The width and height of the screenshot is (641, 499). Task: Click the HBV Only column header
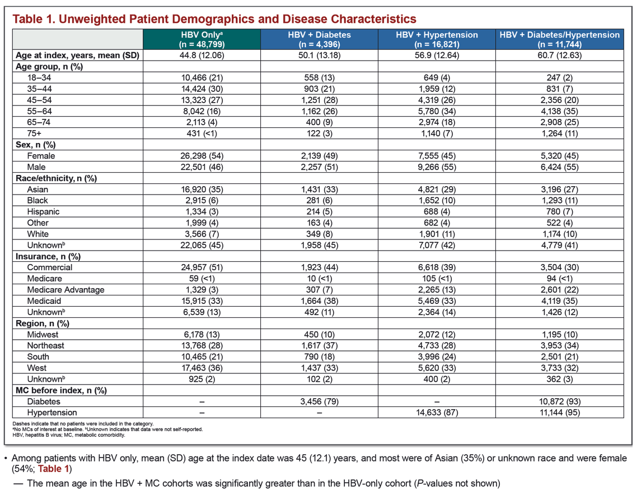pos(202,39)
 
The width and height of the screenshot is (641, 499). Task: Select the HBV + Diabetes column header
pos(319,39)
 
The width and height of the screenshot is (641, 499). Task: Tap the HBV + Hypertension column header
pos(437,39)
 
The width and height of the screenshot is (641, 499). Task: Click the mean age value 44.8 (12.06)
pos(202,56)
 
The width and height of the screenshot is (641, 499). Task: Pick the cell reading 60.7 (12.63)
pos(560,56)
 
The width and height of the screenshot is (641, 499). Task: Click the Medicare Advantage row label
pos(66,290)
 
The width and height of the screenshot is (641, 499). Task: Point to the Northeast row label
pos(46,345)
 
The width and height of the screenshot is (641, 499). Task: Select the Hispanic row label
pos(43,211)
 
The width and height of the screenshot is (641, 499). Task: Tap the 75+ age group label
pos(34,133)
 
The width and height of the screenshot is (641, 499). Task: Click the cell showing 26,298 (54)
pos(202,156)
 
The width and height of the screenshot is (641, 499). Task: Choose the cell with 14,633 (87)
pos(437,413)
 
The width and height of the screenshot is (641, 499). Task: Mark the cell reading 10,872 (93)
pos(560,401)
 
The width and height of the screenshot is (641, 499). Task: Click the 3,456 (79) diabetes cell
pos(319,401)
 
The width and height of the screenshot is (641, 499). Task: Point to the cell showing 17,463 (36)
pos(202,368)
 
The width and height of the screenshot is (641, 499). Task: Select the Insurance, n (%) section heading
pos(48,257)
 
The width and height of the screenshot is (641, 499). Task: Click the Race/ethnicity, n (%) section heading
pos(56,178)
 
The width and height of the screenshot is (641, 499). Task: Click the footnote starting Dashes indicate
pos(83,424)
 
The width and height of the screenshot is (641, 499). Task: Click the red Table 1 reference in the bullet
pos(56,469)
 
